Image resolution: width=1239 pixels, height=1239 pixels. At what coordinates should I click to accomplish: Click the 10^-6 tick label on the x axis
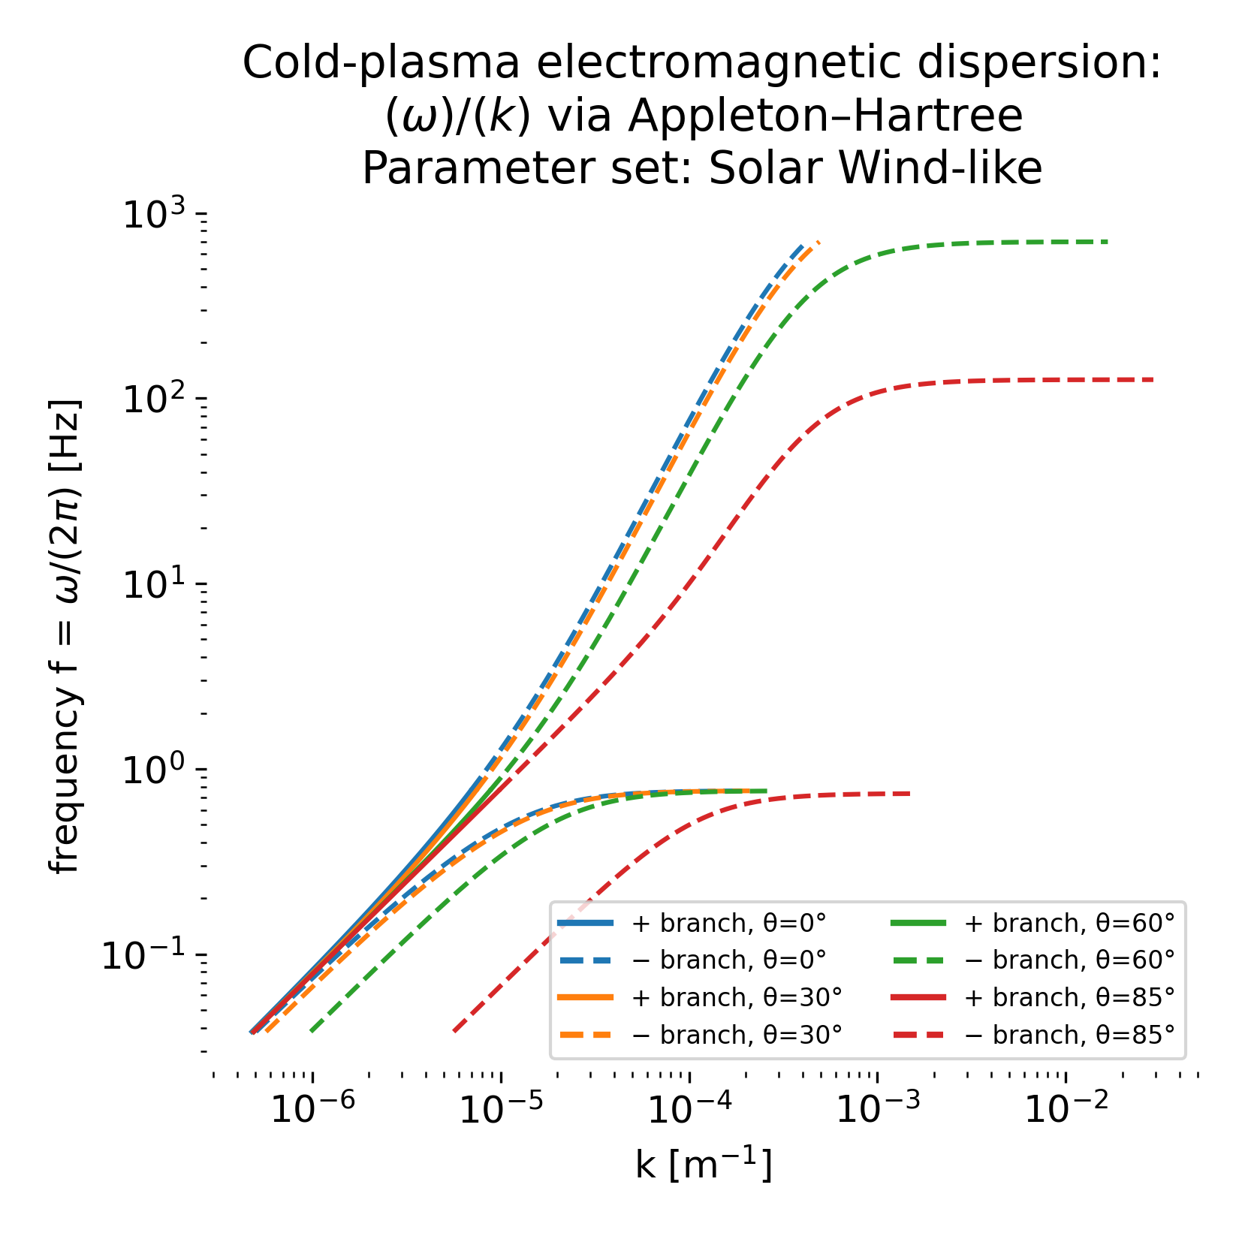coord(308,1109)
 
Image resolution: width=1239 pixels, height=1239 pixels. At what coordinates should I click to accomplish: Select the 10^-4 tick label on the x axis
coord(685,1109)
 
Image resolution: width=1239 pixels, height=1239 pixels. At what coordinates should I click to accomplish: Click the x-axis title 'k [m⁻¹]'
coord(704,1165)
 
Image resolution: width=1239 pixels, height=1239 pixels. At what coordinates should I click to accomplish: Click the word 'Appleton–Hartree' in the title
coord(825,116)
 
